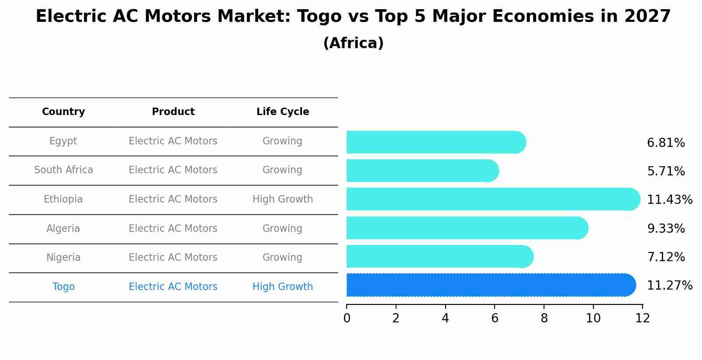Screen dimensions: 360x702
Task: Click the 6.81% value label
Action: [666, 143]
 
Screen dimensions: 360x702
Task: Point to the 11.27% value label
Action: [669, 286]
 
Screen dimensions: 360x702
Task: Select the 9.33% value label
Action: [666, 229]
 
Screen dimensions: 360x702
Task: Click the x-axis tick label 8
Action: [544, 318]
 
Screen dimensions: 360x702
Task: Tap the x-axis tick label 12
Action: [642, 318]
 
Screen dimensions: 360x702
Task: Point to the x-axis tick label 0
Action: [347, 318]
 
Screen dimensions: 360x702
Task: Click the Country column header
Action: [63, 112]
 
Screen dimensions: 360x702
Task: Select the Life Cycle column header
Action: [283, 112]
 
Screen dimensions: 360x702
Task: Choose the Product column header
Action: [173, 112]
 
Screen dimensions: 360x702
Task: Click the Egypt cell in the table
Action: [63, 141]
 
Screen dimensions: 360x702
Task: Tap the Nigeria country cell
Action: [63, 258]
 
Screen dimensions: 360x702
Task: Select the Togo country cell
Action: [63, 287]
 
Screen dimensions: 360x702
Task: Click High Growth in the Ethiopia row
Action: [283, 199]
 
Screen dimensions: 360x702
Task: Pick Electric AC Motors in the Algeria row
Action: [173, 229]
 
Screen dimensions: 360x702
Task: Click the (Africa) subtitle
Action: [353, 43]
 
